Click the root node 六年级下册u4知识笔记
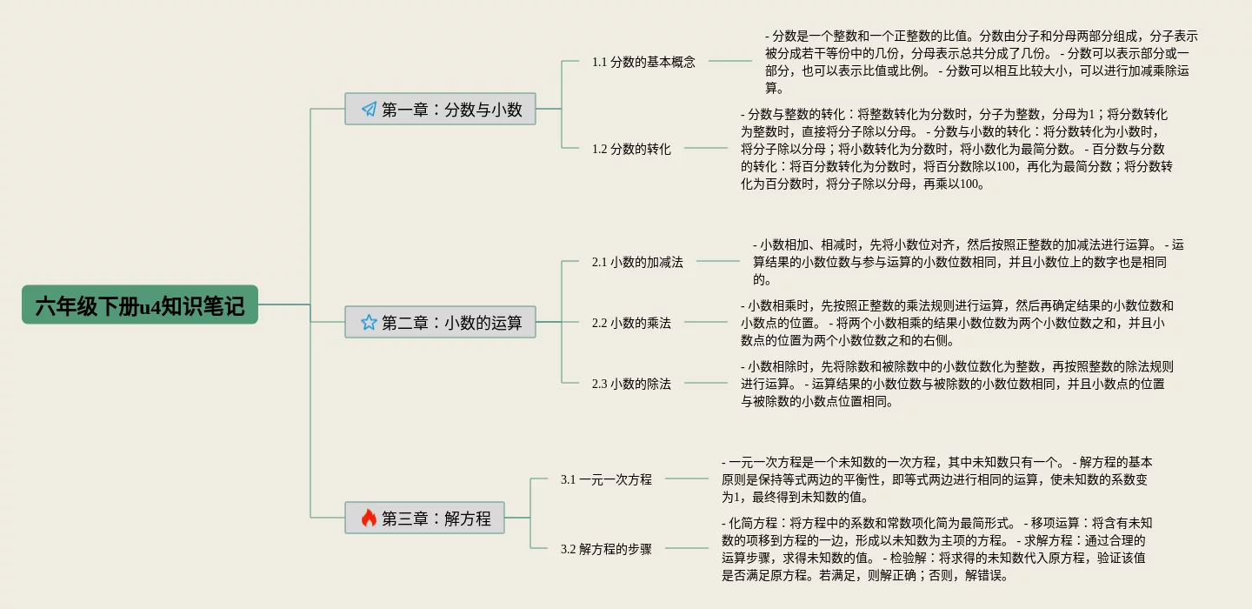(x=140, y=305)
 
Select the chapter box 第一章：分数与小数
(x=440, y=109)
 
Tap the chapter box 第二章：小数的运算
(x=440, y=322)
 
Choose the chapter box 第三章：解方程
(x=424, y=519)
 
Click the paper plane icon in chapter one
(x=369, y=110)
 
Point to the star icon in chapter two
(x=369, y=323)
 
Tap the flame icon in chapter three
(x=369, y=519)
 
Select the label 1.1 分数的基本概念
(x=643, y=62)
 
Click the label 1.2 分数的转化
(x=631, y=149)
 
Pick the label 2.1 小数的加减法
(x=637, y=262)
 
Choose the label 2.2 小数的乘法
(x=631, y=323)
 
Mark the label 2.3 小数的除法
(x=631, y=384)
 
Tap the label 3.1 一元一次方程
(x=606, y=479)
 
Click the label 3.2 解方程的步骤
(x=606, y=549)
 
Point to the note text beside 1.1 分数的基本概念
(x=981, y=62)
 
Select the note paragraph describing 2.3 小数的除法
(x=956, y=384)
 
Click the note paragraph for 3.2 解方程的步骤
(x=937, y=549)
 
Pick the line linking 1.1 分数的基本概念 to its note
(x=729, y=62)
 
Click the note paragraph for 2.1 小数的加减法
(x=967, y=262)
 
